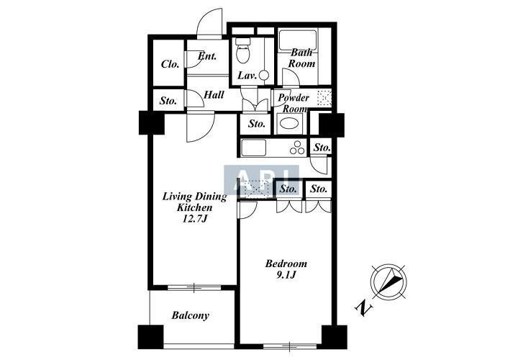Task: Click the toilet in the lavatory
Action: (x=242, y=50)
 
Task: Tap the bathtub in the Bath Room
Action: (x=298, y=40)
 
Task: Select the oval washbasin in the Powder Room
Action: (x=289, y=123)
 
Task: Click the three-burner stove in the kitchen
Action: (x=297, y=148)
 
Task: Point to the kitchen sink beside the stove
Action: (x=253, y=148)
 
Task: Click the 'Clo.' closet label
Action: (x=170, y=64)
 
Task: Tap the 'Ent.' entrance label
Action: (x=206, y=55)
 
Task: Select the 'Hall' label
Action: (x=214, y=95)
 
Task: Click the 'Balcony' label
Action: (x=191, y=315)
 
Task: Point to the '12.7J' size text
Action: (x=195, y=219)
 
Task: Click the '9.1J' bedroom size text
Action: (x=286, y=275)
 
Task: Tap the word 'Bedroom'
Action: (x=286, y=264)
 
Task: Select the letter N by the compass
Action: (x=363, y=308)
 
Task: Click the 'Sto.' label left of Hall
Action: (x=168, y=101)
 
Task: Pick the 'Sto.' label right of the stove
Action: (x=322, y=148)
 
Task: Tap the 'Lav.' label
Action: (x=247, y=76)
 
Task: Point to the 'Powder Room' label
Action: (x=294, y=103)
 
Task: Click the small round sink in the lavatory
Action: (x=264, y=75)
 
